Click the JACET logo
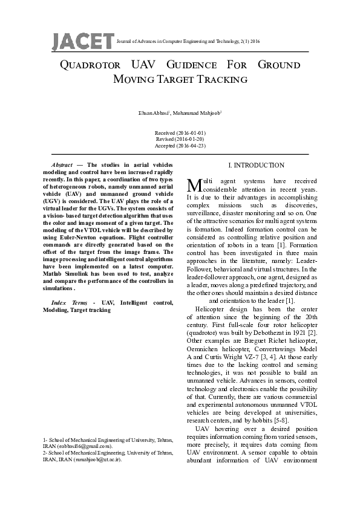click(x=83, y=40)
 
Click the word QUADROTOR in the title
click(x=93, y=65)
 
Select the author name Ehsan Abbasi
click(x=154, y=114)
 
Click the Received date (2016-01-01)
click(x=180, y=132)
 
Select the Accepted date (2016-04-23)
click(x=180, y=146)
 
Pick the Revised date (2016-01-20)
click(x=180, y=139)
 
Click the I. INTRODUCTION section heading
click(x=256, y=165)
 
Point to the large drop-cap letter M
click(x=194, y=184)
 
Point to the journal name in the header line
click(x=188, y=41)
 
